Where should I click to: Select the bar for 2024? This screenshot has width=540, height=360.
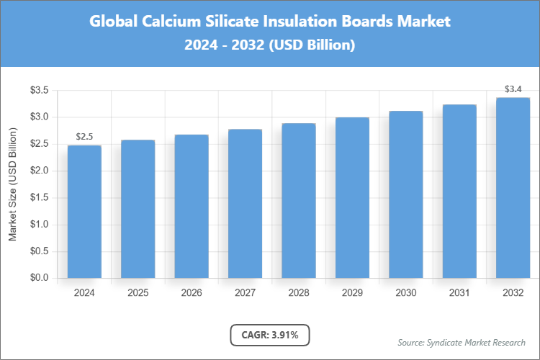click(x=84, y=212)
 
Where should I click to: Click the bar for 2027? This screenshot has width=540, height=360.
click(x=245, y=204)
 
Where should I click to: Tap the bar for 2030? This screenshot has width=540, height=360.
click(x=406, y=194)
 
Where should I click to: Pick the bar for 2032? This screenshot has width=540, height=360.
click(x=513, y=188)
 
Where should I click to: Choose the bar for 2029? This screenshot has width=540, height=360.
click(x=352, y=198)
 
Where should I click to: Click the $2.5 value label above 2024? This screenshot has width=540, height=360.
click(x=84, y=137)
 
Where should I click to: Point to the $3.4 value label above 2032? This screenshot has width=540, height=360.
click(x=513, y=89)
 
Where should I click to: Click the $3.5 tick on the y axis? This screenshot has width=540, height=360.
click(x=39, y=90)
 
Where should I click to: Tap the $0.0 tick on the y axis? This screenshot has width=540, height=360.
click(x=39, y=278)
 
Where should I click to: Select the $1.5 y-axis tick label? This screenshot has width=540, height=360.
click(x=39, y=197)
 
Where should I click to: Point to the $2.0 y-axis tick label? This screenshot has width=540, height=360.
click(x=39, y=171)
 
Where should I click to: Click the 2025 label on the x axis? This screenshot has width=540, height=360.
click(x=138, y=293)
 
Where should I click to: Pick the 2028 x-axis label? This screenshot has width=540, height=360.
click(x=299, y=293)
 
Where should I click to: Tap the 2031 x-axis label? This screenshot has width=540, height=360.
click(x=459, y=293)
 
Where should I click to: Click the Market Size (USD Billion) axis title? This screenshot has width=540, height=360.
click(x=13, y=184)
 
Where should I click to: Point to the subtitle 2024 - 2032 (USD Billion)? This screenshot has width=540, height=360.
click(x=270, y=45)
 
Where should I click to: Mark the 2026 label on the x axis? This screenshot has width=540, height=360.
click(x=192, y=293)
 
